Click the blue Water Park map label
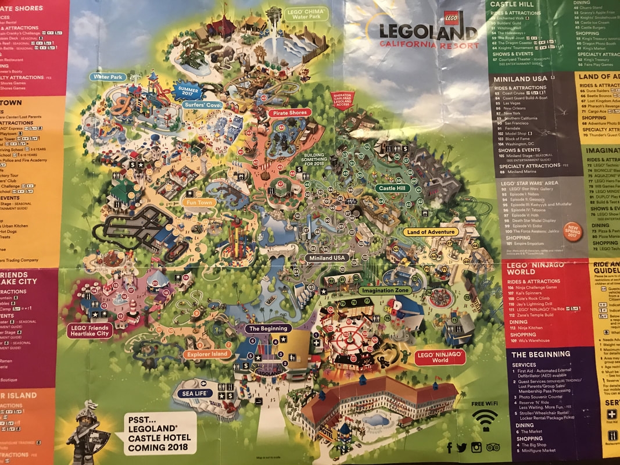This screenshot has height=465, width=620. (107, 77)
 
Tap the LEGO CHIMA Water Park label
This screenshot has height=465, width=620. (306, 15)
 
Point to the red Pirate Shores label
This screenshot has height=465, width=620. (290, 113)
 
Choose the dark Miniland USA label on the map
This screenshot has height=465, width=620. (327, 257)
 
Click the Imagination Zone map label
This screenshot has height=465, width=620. (384, 290)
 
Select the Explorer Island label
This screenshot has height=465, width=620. (207, 353)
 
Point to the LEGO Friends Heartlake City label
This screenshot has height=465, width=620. (89, 330)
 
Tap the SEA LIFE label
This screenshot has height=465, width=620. (196, 393)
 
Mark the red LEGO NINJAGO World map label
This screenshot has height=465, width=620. (440, 357)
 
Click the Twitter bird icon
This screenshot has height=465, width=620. (462, 447)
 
